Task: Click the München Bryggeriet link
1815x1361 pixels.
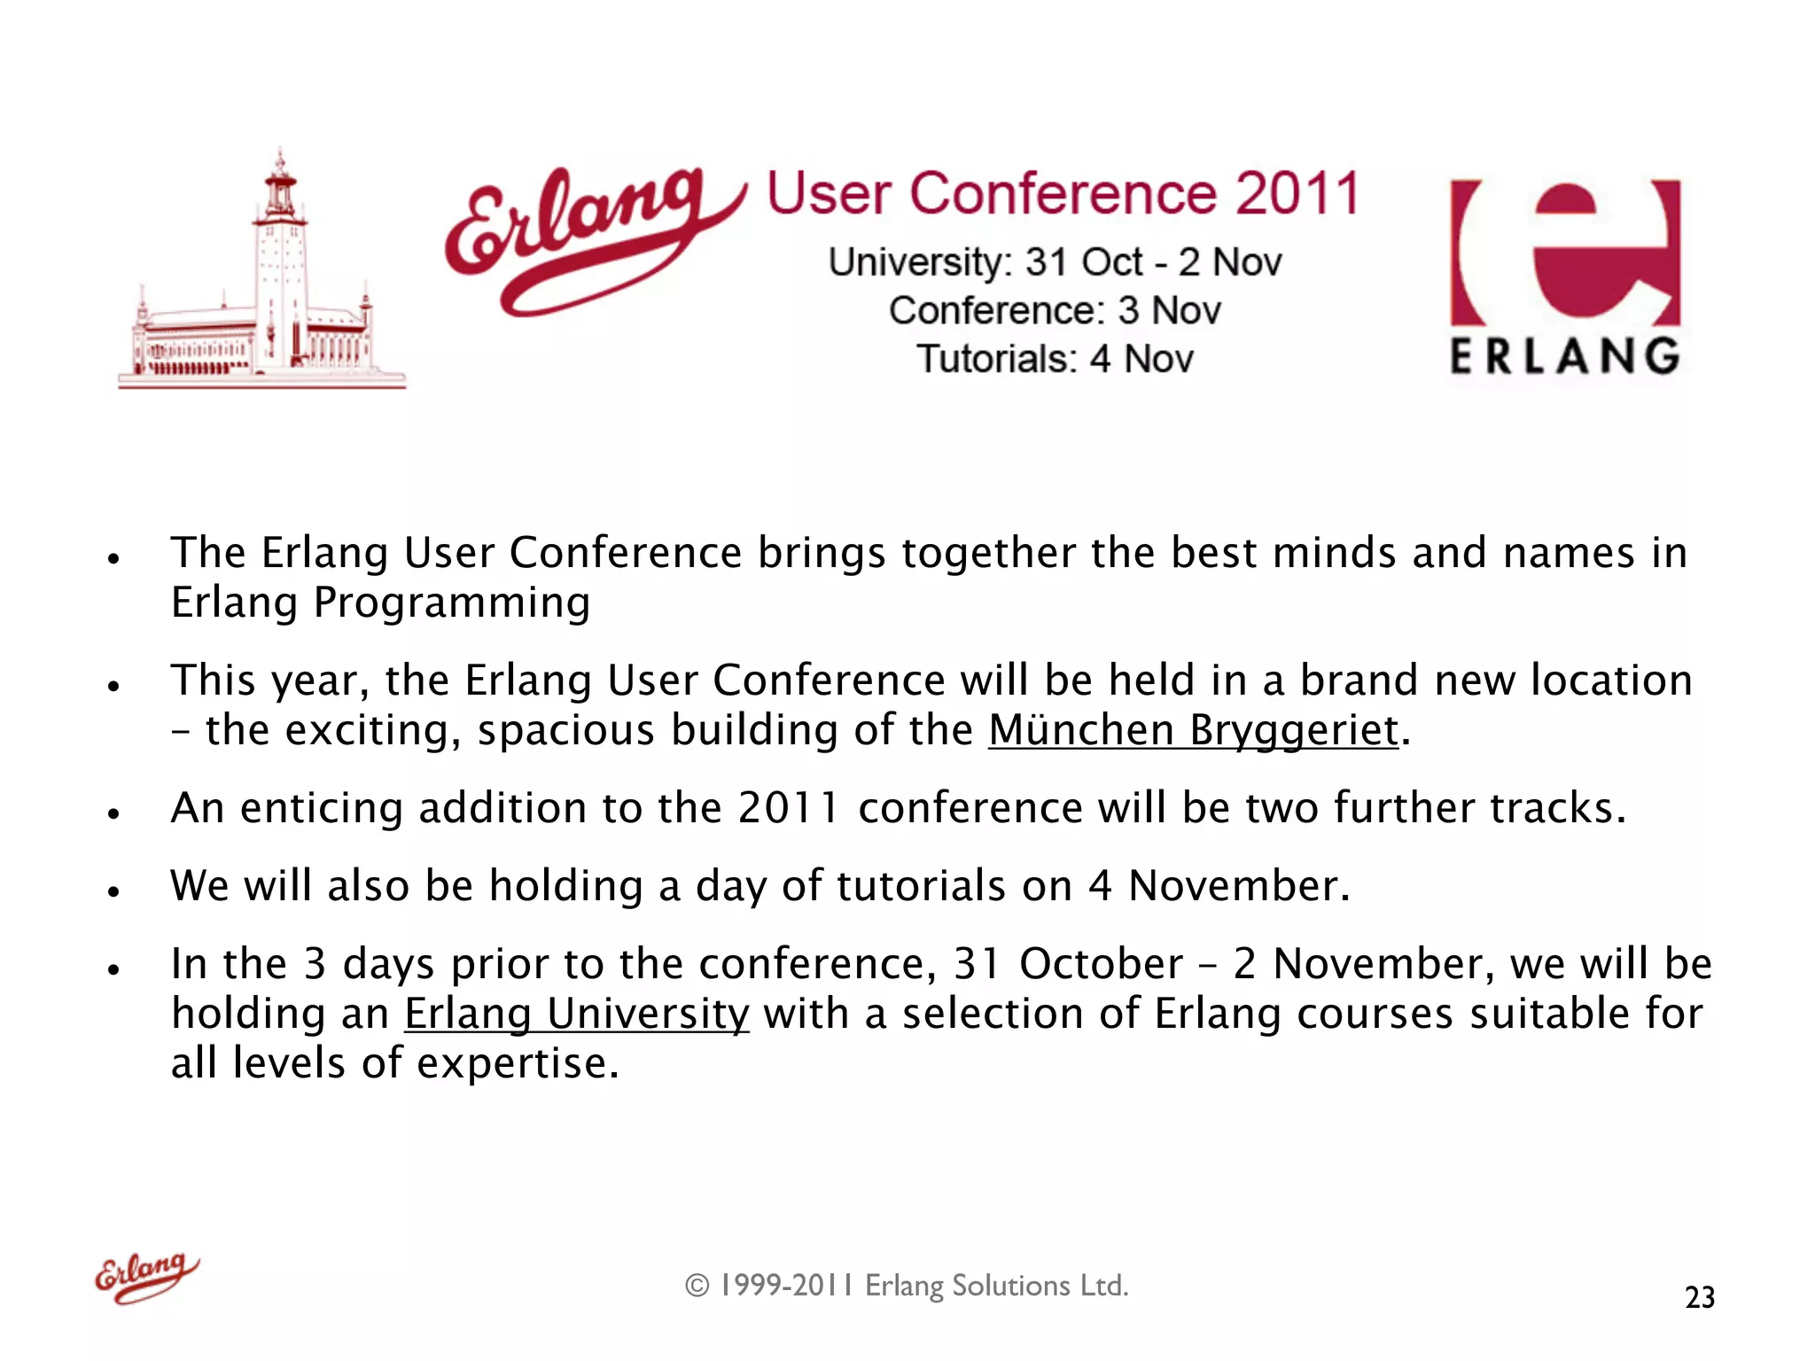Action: point(1193,731)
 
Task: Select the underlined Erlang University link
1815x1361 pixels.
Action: point(577,1015)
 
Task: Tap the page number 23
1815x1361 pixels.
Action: point(1699,1297)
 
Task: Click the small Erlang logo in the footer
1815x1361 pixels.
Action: point(147,1277)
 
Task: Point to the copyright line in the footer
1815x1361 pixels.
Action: point(907,1286)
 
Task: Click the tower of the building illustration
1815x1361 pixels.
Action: point(280,257)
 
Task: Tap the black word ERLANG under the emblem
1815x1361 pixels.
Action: point(1564,356)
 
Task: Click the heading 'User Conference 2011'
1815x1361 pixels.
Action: point(1063,194)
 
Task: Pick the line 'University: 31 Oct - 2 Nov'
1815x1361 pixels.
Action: point(1055,262)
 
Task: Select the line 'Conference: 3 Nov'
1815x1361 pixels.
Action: point(1055,311)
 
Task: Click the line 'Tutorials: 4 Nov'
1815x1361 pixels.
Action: point(1055,360)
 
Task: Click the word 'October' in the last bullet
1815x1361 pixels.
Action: point(1101,964)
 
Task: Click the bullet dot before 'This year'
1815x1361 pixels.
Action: point(113,686)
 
